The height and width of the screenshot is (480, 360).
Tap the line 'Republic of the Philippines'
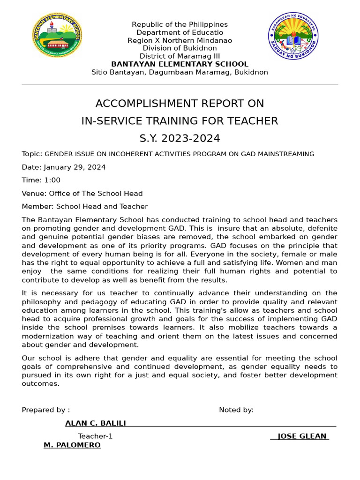click(x=180, y=24)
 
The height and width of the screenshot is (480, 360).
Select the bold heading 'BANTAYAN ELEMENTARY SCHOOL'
click(x=180, y=64)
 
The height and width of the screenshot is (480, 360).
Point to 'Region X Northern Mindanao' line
click(x=180, y=40)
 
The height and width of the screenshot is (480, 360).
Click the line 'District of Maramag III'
click(x=180, y=56)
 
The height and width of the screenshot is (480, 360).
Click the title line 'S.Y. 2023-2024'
click(x=180, y=138)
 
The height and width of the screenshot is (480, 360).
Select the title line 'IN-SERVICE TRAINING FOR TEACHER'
click(x=180, y=121)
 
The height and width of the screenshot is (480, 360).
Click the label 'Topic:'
click(x=32, y=154)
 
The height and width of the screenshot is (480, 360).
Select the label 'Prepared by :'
click(x=46, y=410)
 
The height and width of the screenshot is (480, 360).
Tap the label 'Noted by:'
click(x=236, y=410)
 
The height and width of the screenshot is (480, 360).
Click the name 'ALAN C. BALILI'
click(x=96, y=423)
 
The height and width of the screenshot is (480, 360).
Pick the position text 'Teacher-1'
click(x=95, y=436)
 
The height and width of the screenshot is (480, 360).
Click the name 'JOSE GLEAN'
click(x=302, y=436)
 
